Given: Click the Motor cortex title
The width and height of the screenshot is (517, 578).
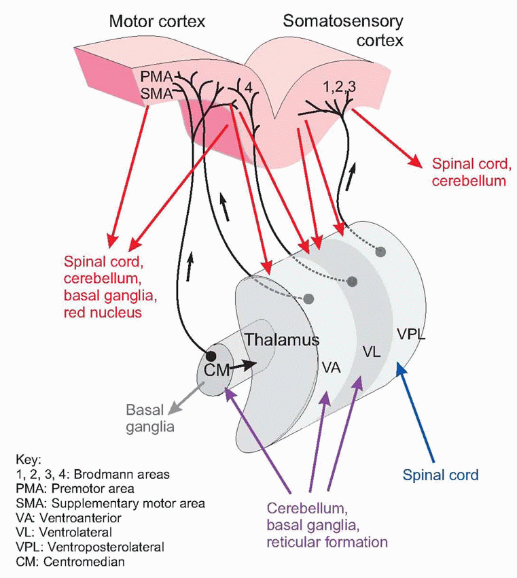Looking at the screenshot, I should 157,22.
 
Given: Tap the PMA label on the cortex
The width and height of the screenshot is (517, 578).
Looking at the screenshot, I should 156,77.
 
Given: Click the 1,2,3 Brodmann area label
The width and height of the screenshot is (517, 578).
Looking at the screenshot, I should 340,86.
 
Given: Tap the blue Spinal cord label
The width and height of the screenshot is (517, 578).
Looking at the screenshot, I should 440,475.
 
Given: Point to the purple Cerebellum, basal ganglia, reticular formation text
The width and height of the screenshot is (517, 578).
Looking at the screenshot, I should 327,525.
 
